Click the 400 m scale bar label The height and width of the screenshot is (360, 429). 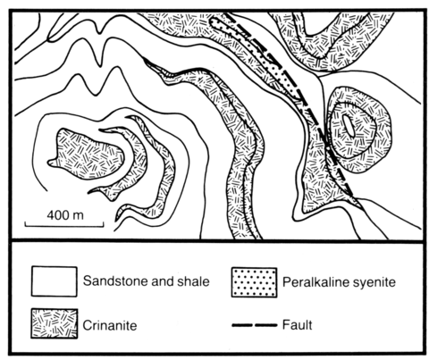pyautogui.click(x=65, y=215)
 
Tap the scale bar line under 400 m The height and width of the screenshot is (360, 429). pyautogui.click(x=64, y=226)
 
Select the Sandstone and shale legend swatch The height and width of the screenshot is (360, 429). pyautogui.click(x=55, y=281)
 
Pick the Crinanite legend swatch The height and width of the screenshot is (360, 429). pyautogui.click(x=55, y=323)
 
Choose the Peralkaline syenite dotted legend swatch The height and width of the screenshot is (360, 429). pyautogui.click(x=255, y=282)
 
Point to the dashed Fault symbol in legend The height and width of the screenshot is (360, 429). pyautogui.click(x=255, y=325)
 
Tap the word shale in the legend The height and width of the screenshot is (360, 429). pyautogui.click(x=194, y=281)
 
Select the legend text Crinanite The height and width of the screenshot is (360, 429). pyautogui.click(x=110, y=325)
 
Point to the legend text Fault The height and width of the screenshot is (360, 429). pyautogui.click(x=297, y=325)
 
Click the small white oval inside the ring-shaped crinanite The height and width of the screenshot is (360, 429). pyautogui.click(x=349, y=126)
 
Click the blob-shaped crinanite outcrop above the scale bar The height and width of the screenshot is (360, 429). pyautogui.click(x=87, y=155)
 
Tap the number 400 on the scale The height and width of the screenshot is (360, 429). pyautogui.click(x=58, y=215)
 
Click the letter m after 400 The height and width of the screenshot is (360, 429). pyautogui.click(x=78, y=216)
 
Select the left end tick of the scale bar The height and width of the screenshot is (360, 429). pyautogui.click(x=25, y=224)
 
